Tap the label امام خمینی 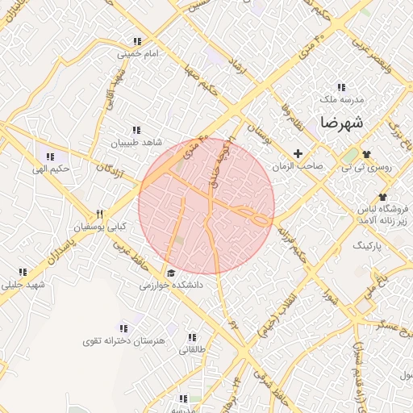(136, 54)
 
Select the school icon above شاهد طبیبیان (136, 129)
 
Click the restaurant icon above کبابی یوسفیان (100, 215)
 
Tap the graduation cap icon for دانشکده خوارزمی (170, 273)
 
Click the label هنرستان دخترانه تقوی (123, 341)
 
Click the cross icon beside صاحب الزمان (298, 153)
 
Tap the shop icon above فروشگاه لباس (382, 197)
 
